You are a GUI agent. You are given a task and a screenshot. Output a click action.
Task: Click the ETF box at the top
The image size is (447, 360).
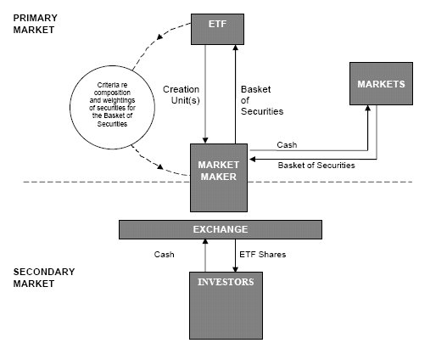[217, 29]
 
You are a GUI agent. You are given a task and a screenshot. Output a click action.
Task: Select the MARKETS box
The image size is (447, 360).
[381, 83]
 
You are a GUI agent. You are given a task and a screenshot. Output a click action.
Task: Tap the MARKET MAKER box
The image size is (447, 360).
[219, 177]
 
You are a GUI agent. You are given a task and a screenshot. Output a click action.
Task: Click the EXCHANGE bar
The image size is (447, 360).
[221, 229]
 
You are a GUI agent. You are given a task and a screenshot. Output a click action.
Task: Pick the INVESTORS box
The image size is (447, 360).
[226, 306]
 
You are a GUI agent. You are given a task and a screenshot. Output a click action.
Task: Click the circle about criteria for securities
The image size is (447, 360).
[112, 107]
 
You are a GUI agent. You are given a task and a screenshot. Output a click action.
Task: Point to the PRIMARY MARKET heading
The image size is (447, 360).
[35, 24]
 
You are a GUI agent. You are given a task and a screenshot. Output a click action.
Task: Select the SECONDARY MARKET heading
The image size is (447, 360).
[44, 278]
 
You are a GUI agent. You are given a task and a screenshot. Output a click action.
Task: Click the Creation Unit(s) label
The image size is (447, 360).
[182, 95]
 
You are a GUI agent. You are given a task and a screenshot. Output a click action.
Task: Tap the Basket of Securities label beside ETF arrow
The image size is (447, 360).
[262, 100]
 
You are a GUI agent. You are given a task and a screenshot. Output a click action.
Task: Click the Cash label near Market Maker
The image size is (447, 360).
[287, 145]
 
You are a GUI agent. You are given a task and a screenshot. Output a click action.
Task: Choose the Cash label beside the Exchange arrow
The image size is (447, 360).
[164, 254]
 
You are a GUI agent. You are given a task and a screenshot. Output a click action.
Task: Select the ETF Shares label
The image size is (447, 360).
[263, 254]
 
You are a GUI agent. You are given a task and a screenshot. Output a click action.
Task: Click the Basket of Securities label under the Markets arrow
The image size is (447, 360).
[316, 166]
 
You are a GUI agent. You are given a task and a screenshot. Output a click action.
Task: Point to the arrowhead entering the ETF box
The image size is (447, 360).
[236, 48]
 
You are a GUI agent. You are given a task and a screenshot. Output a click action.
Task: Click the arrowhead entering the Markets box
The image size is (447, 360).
[368, 108]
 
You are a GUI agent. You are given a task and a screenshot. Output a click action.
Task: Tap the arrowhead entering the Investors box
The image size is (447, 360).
[235, 269]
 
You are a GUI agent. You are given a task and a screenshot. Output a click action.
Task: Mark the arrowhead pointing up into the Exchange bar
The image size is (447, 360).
[205, 242]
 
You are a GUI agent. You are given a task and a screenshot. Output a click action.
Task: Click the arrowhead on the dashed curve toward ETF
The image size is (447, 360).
[160, 37]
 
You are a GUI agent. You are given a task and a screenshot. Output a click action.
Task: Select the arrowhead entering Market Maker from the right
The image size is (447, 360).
[252, 159]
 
